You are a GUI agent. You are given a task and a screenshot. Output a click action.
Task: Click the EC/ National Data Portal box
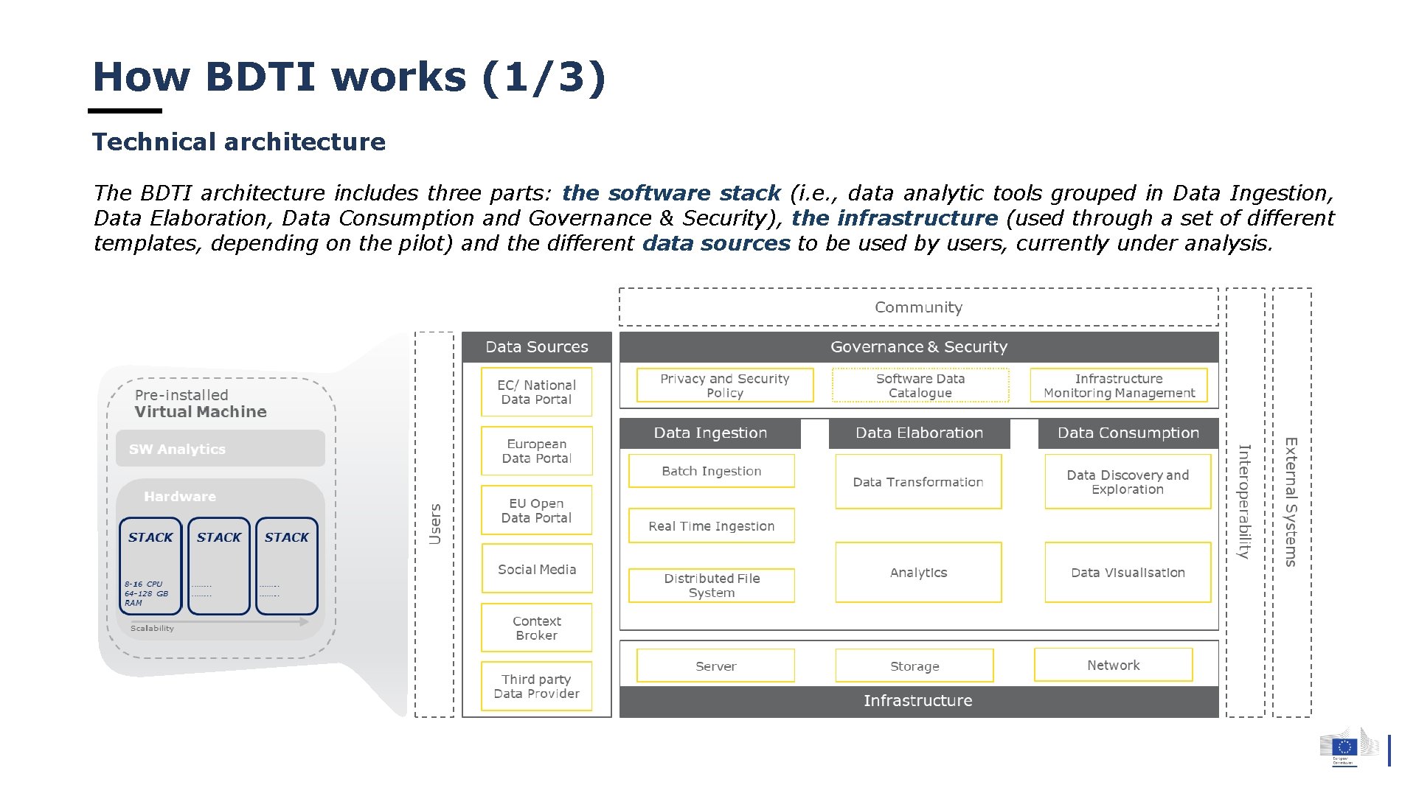click(536, 392)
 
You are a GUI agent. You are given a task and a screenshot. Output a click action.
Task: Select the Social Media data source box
click(536, 568)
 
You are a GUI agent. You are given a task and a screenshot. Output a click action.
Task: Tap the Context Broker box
click(536, 628)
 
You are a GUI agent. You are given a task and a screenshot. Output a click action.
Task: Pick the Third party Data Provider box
click(536, 686)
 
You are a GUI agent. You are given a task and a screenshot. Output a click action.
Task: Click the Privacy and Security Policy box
click(724, 385)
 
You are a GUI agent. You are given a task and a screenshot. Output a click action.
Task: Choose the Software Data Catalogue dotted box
click(920, 385)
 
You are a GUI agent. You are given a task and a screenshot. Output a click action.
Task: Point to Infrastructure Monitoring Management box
click(1118, 385)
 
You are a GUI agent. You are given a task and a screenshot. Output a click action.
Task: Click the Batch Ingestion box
click(711, 471)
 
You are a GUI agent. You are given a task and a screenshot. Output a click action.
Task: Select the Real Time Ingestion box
click(711, 526)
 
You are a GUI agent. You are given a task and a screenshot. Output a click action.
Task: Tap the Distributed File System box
click(711, 585)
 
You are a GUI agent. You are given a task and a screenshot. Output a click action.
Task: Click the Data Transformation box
click(918, 481)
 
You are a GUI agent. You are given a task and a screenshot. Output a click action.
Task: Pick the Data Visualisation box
click(1128, 572)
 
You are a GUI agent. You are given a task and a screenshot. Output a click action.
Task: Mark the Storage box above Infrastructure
click(914, 666)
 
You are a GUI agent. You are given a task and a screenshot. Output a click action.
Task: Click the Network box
click(1113, 665)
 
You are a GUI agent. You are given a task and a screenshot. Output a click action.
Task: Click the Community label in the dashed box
click(918, 307)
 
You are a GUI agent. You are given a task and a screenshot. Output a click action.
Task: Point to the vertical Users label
click(434, 524)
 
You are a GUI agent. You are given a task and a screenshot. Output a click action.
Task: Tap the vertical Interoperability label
click(1244, 501)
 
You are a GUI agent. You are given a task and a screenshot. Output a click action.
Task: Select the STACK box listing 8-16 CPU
click(150, 566)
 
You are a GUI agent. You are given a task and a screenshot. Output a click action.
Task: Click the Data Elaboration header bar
click(919, 433)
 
